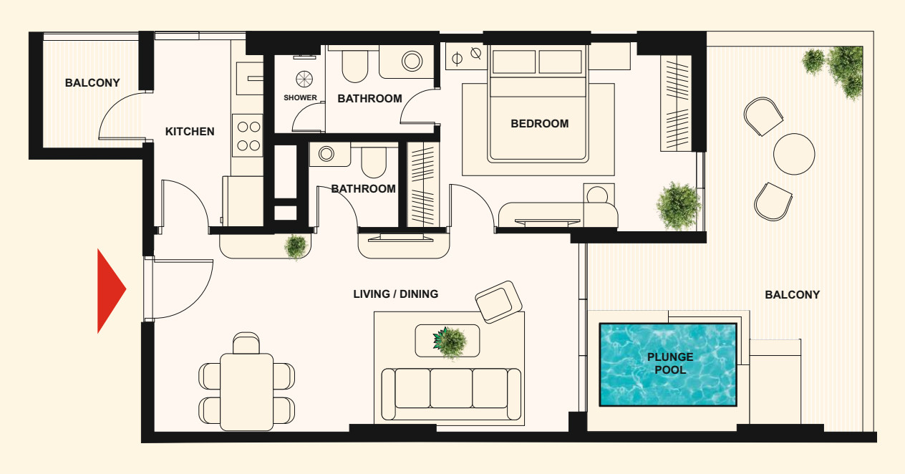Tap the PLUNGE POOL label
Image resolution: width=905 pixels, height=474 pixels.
point(670,363)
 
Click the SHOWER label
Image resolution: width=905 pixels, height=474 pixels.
point(300,98)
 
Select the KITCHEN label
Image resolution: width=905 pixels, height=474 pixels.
point(190,131)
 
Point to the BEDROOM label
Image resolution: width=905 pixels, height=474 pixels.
point(539,123)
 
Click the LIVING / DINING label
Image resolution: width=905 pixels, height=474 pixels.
point(395,294)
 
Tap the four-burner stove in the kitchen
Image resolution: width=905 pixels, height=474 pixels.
point(248,136)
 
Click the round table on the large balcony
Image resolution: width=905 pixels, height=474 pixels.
point(794,154)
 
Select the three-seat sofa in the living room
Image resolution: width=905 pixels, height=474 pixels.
point(451,395)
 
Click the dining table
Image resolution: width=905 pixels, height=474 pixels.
point(247,392)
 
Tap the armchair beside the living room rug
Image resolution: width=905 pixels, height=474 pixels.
point(499,302)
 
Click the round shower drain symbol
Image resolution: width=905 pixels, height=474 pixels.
point(304,79)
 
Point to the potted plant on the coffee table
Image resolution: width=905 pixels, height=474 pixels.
point(449,343)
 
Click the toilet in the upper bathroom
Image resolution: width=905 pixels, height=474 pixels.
point(354,66)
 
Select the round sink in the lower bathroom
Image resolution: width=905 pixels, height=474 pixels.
point(326,153)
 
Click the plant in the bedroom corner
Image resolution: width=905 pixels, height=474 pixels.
point(678,206)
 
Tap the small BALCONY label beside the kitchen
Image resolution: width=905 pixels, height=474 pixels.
point(92,83)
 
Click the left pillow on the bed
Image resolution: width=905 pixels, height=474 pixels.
point(513,62)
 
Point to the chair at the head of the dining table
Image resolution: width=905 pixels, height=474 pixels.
point(246,343)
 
